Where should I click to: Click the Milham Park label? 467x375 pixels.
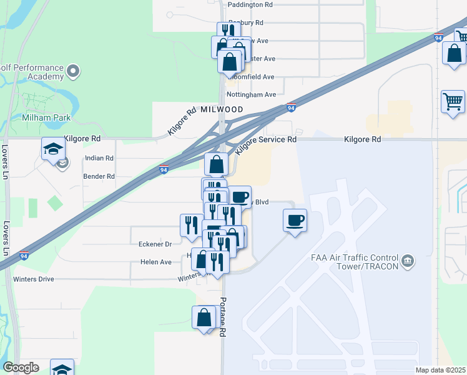click(x=47, y=117)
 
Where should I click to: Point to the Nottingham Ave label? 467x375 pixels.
click(x=252, y=95)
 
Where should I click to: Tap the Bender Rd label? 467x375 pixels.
click(x=99, y=177)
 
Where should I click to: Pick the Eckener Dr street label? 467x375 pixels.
click(x=155, y=244)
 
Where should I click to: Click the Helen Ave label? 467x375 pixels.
click(x=156, y=262)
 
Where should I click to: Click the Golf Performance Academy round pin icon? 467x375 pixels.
click(x=74, y=70)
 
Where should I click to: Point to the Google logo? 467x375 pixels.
click(x=20, y=367)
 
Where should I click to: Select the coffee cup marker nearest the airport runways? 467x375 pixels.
click(x=295, y=221)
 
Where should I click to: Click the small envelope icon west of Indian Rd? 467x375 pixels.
click(x=62, y=164)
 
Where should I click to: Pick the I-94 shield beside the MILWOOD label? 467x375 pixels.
click(x=290, y=108)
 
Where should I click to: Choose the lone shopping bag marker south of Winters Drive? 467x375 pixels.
click(x=204, y=317)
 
